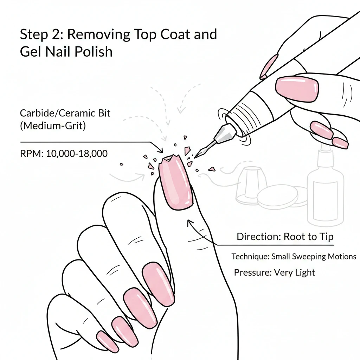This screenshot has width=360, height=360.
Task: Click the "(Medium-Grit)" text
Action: [x=53, y=126]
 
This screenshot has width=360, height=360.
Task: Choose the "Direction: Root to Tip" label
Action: [x=285, y=237]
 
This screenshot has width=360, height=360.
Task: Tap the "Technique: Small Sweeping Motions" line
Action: [x=294, y=257]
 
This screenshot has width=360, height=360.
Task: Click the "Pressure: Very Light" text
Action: [x=274, y=272]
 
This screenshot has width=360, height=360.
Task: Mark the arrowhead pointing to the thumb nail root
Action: [x=189, y=222]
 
